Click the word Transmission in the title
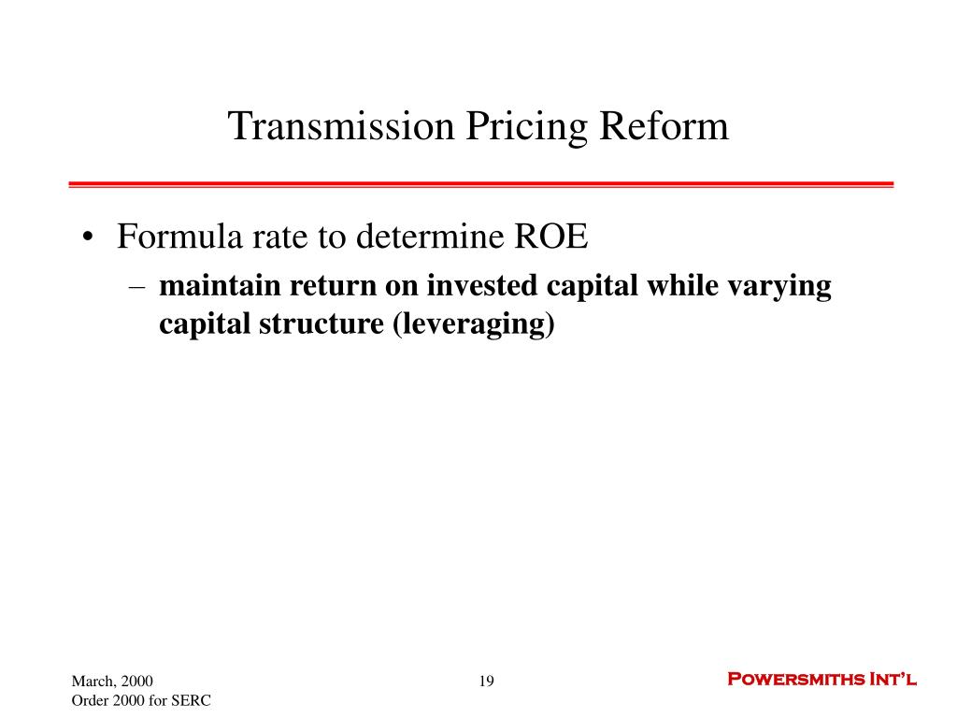pos(341,126)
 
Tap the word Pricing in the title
pos(527,128)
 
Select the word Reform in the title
pos(664,126)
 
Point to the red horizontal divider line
pos(481,184)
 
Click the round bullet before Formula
pos(89,237)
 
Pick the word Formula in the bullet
pos(180,237)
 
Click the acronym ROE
pos(551,237)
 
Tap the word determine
pos(430,237)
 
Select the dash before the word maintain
pos(137,287)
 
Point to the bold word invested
pos(481,286)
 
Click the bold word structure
pos(321,323)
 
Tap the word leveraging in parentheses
pos(474,324)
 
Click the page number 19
pos(486,681)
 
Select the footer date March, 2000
pos(112,682)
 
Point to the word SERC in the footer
pos(191,700)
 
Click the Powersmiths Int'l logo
pos(822,679)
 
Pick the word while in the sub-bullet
pos(682,286)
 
